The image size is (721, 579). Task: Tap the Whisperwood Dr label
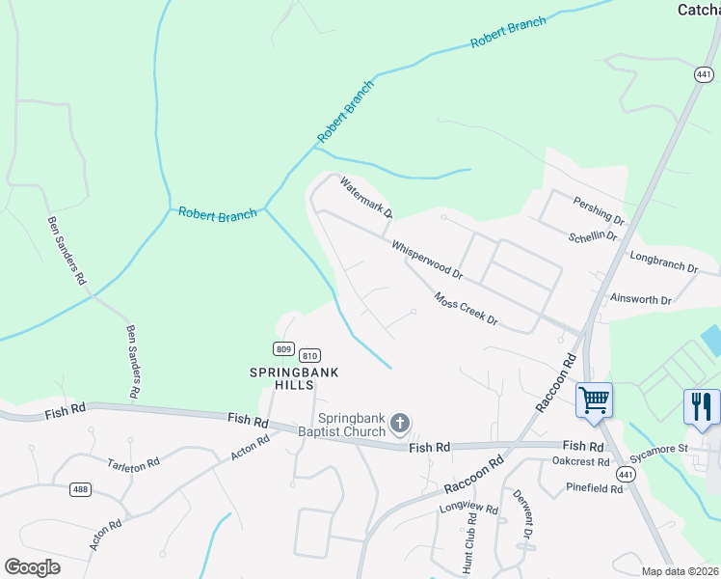click(x=428, y=260)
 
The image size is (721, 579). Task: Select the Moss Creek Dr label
click(x=466, y=309)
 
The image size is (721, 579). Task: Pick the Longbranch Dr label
click(x=663, y=262)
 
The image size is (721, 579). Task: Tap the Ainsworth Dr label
click(x=640, y=300)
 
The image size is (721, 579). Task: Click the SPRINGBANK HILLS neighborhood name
click(x=282, y=377)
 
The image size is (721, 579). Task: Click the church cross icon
click(x=401, y=423)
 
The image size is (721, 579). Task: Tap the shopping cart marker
click(x=594, y=399)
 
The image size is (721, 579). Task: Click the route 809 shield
click(x=283, y=348)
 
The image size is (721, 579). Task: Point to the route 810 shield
click(x=309, y=355)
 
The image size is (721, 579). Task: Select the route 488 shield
click(x=80, y=489)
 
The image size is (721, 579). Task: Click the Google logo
click(x=33, y=567)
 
